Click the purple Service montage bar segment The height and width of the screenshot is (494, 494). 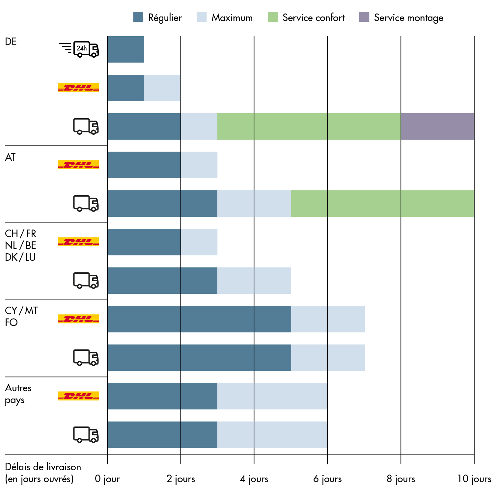click(x=437, y=126)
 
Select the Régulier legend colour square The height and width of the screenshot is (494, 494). click(x=138, y=17)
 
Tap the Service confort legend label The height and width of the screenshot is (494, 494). click(x=313, y=18)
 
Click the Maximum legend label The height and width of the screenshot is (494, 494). click(x=232, y=18)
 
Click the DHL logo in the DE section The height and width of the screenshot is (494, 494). click(x=78, y=88)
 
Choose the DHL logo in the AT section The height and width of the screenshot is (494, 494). click(x=78, y=165)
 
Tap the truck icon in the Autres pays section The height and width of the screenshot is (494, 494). click(x=86, y=434)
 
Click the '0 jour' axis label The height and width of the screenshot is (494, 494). click(x=107, y=479)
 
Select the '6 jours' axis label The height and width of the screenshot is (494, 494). click(x=327, y=479)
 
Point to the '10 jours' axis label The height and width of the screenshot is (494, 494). click(x=474, y=479)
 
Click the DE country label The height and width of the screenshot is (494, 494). click(x=11, y=42)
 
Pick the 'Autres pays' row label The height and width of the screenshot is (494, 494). click(x=18, y=394)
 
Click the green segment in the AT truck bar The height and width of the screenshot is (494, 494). click(x=382, y=204)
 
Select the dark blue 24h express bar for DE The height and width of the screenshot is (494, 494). click(x=126, y=49)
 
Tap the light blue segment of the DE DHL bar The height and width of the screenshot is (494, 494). click(x=162, y=88)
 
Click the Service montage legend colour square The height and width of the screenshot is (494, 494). click(x=364, y=17)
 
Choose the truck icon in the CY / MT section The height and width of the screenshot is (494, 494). click(x=86, y=357)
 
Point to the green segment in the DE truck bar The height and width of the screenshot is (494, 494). click(x=309, y=126)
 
